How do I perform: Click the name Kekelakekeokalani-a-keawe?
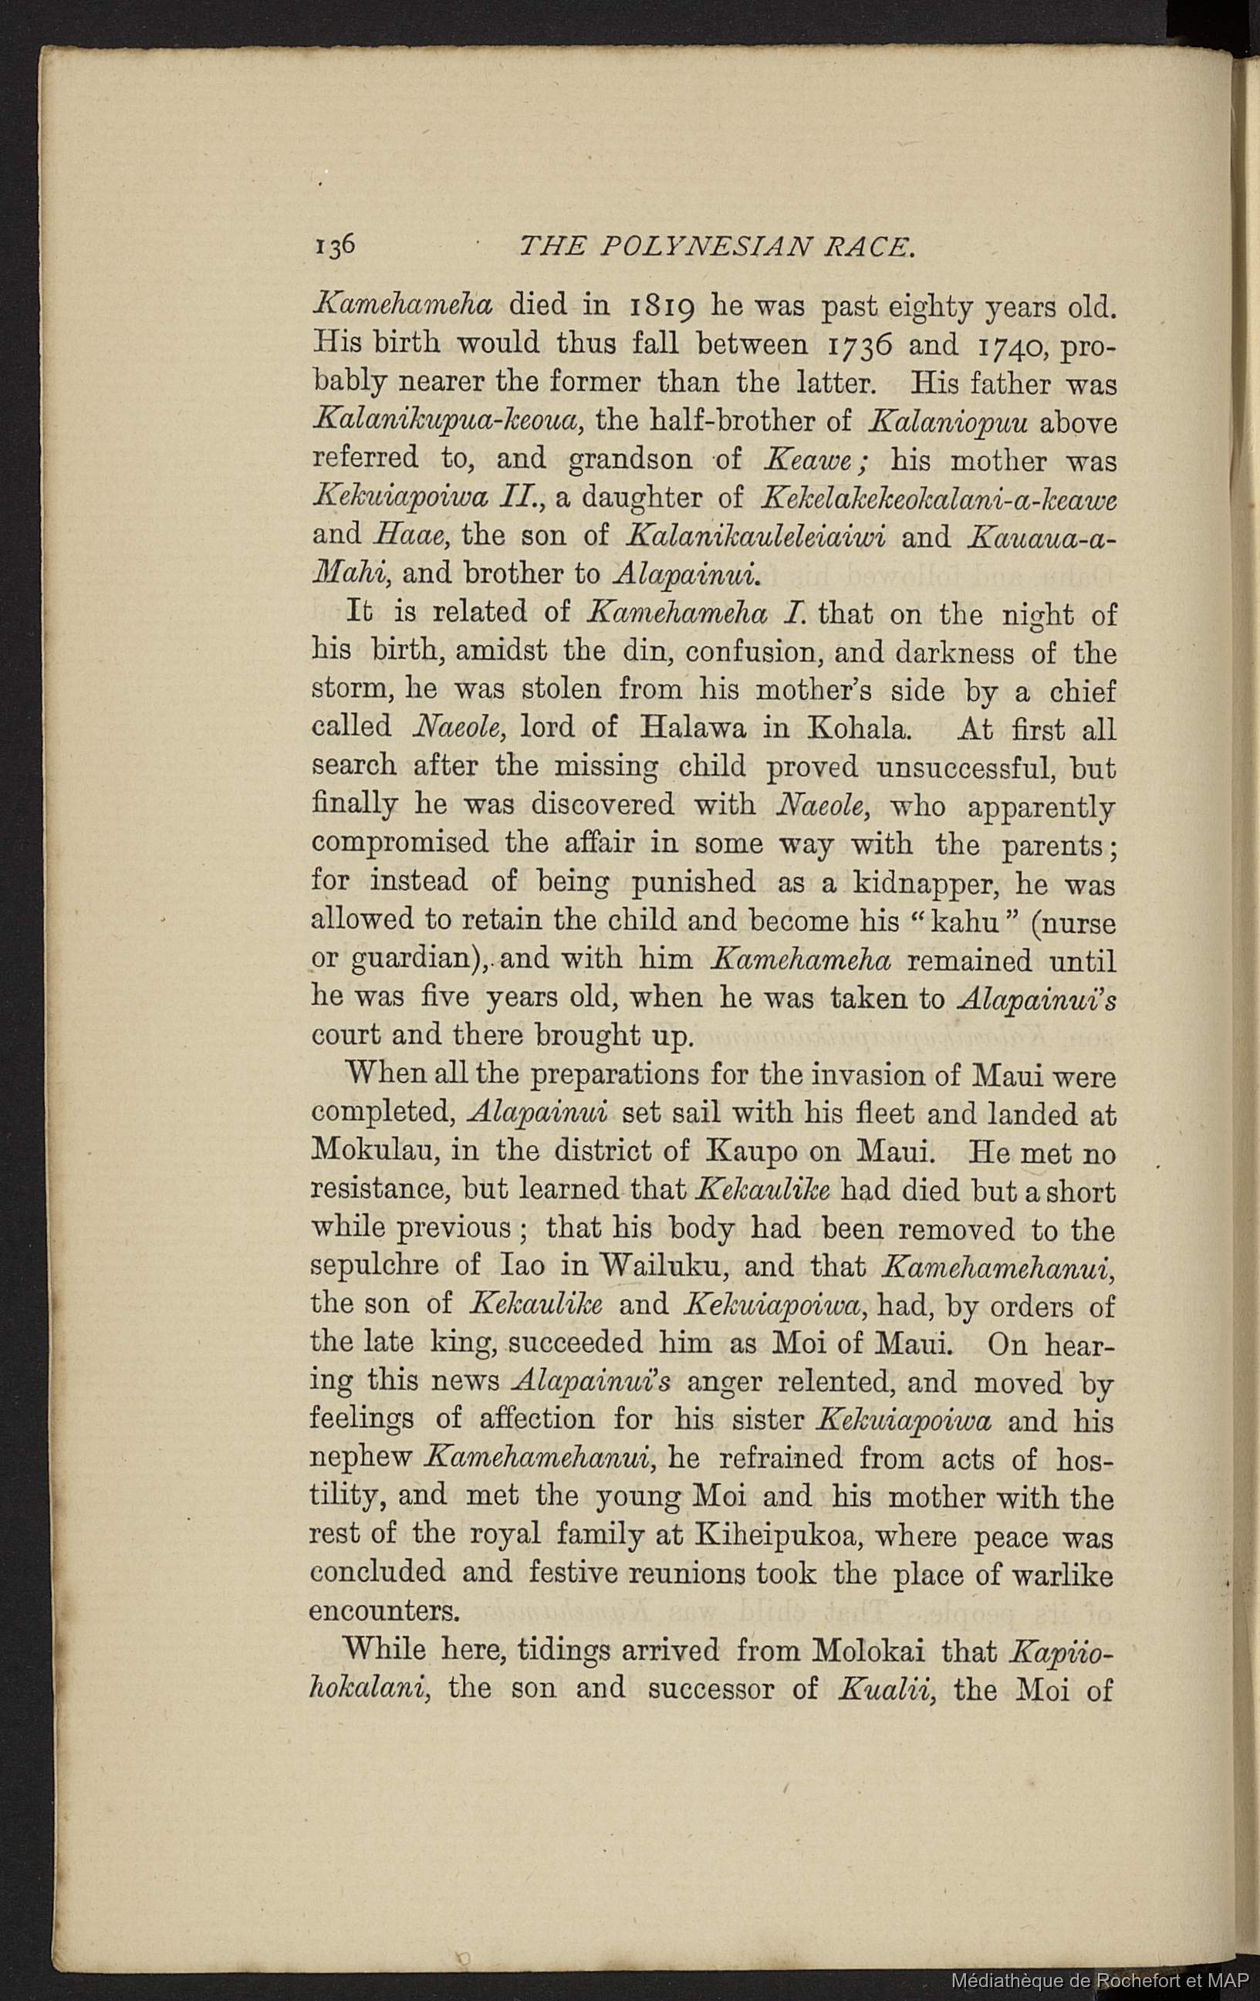pos(937,499)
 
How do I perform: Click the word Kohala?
pos(858,728)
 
